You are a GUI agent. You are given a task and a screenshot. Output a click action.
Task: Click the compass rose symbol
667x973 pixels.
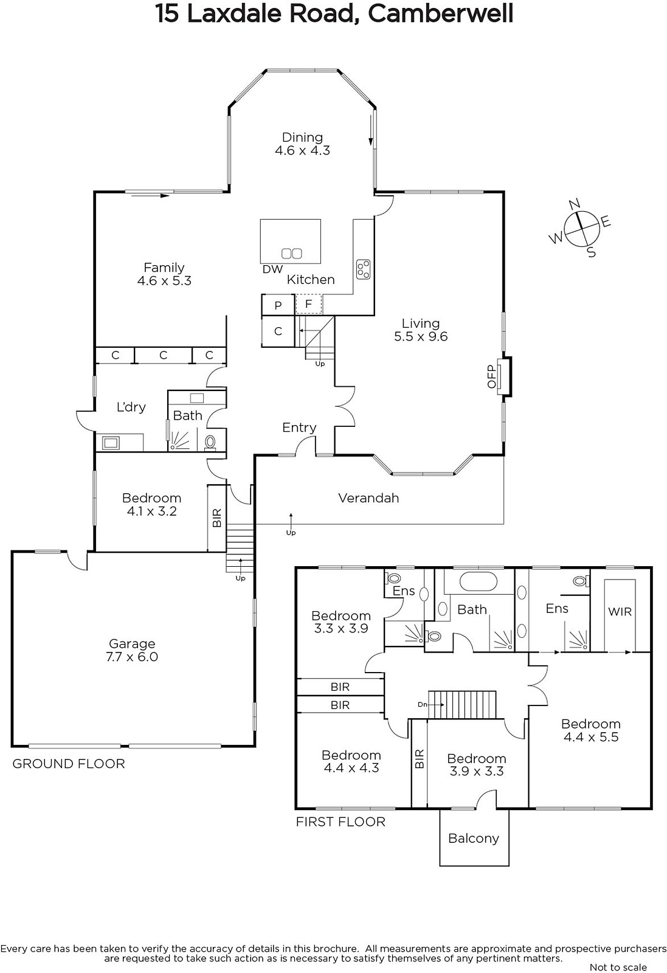(581, 228)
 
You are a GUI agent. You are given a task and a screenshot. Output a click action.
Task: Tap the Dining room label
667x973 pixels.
(302, 137)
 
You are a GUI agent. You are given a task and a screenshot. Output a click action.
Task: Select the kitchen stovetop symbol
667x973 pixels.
(364, 269)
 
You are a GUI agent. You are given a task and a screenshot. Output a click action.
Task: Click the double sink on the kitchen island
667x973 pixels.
(291, 253)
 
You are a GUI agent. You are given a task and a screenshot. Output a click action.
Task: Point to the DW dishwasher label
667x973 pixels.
(272, 269)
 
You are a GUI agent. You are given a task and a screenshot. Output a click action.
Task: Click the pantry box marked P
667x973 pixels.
(278, 305)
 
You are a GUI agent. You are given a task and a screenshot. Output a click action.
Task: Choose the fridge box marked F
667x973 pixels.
(309, 303)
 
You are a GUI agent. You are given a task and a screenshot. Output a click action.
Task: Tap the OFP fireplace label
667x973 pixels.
(491, 376)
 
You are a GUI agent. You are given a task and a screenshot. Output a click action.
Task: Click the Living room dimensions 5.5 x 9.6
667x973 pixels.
(420, 337)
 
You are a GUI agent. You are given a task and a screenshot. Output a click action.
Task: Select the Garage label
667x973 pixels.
(131, 643)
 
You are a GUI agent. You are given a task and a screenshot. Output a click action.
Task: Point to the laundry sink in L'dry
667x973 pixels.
(110, 443)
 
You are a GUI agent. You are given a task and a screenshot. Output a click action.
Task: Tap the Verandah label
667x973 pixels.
(368, 498)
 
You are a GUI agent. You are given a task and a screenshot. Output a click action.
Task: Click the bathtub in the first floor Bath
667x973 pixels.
(478, 581)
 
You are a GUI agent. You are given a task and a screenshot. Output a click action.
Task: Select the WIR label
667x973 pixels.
(620, 612)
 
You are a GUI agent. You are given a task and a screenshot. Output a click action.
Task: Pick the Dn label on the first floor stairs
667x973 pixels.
(423, 705)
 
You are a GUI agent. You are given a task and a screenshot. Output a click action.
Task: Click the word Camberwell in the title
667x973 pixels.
(441, 14)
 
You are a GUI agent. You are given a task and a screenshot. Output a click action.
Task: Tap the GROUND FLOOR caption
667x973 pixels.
(69, 764)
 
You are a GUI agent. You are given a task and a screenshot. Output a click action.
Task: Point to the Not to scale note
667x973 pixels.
(618, 967)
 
